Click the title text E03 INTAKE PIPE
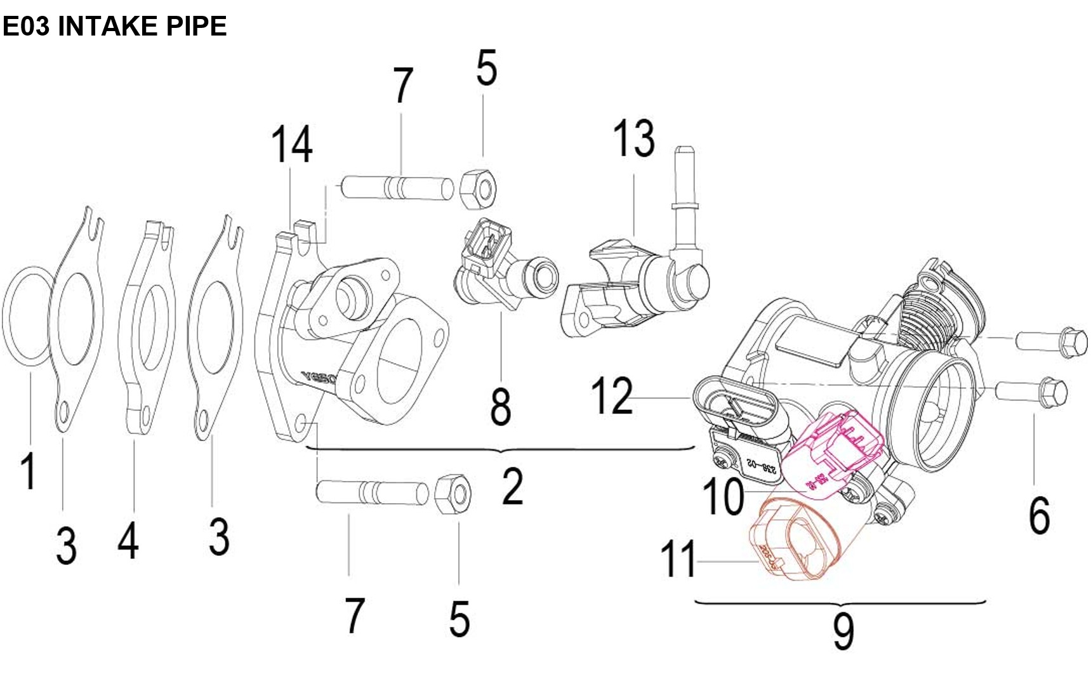click(115, 26)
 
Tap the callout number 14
click(291, 145)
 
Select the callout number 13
click(633, 138)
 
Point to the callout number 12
click(612, 396)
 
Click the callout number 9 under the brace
click(843, 631)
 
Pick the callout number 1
click(28, 471)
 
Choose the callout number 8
click(501, 407)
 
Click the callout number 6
click(1039, 515)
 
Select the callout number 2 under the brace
click(513, 487)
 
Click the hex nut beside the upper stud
click(477, 188)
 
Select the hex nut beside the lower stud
click(453, 493)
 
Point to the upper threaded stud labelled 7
click(397, 188)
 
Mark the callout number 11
click(678, 559)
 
